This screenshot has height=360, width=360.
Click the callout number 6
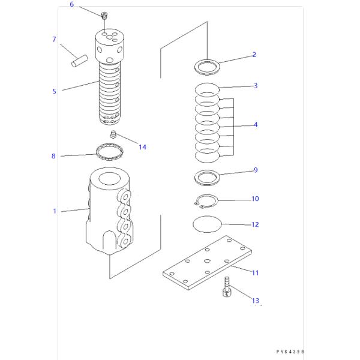[x=72, y=5]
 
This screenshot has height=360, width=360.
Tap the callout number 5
[x=54, y=92]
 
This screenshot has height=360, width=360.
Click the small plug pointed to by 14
[x=112, y=134]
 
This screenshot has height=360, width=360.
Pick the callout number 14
[x=142, y=147]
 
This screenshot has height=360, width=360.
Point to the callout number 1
[x=54, y=211]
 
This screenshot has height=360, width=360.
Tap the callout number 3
[x=255, y=86]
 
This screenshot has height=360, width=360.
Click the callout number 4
[x=255, y=125]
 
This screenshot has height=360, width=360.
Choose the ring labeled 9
[x=207, y=177]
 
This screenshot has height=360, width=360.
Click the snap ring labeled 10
[x=206, y=202]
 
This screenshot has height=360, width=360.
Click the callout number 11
[x=255, y=273]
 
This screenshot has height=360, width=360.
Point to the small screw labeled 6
[x=103, y=16]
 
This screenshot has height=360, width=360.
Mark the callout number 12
[x=255, y=225]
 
